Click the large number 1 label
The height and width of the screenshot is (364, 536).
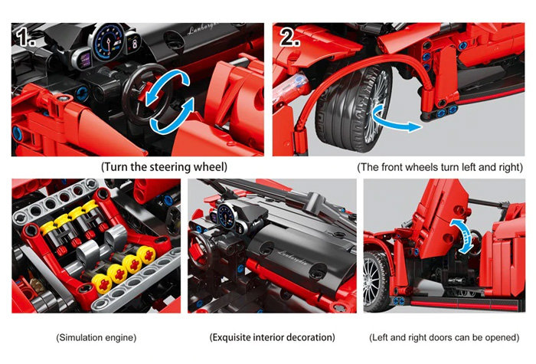click(x=26, y=37)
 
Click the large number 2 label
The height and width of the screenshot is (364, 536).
click(x=290, y=37)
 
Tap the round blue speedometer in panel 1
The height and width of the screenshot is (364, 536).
click(x=109, y=42)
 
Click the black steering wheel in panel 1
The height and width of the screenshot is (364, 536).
click(x=141, y=94)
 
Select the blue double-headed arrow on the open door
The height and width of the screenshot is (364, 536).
click(x=463, y=236)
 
